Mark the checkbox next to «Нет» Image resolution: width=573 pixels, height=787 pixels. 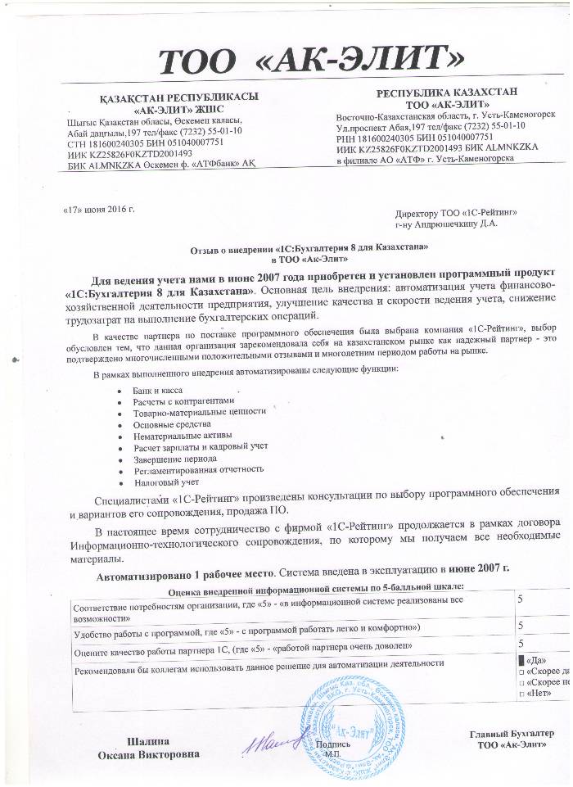click(x=521, y=694)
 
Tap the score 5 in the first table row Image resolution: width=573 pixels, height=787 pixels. click(x=521, y=600)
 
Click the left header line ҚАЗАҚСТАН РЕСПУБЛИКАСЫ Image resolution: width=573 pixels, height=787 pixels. click(x=178, y=97)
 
